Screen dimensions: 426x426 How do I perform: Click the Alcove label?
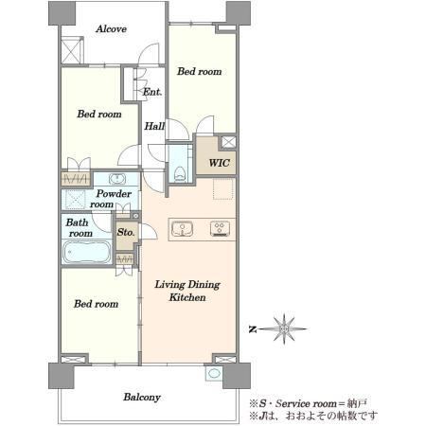111,29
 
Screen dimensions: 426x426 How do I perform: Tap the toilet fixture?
179,173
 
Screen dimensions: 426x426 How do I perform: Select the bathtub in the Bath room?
87,252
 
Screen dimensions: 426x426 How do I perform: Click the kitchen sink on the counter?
183,229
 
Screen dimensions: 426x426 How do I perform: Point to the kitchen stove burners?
220,229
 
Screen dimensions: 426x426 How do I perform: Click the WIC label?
219,163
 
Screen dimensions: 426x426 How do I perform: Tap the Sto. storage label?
126,232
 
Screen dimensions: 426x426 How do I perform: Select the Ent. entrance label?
152,92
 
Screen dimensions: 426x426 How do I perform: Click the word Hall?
154,126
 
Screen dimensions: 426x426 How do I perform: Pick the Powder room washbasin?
117,179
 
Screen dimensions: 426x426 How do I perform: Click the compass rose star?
284,329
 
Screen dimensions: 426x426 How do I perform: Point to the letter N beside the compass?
253,329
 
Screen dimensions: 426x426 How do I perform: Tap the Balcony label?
142,398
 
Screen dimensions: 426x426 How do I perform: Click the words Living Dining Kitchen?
187,291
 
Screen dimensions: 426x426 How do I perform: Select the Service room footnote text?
309,403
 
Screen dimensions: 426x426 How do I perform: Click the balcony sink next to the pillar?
214,374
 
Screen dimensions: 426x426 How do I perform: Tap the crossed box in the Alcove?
71,50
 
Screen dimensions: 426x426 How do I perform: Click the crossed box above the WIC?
228,142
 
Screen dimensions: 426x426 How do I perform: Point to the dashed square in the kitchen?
223,188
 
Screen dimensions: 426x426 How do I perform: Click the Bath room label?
80,228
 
